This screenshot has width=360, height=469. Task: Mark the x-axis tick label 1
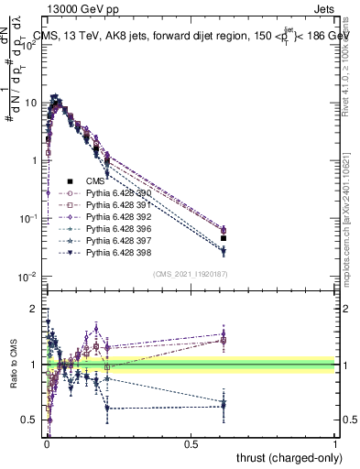click(x=335, y=444)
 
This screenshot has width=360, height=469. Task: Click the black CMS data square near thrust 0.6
click(x=224, y=238)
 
